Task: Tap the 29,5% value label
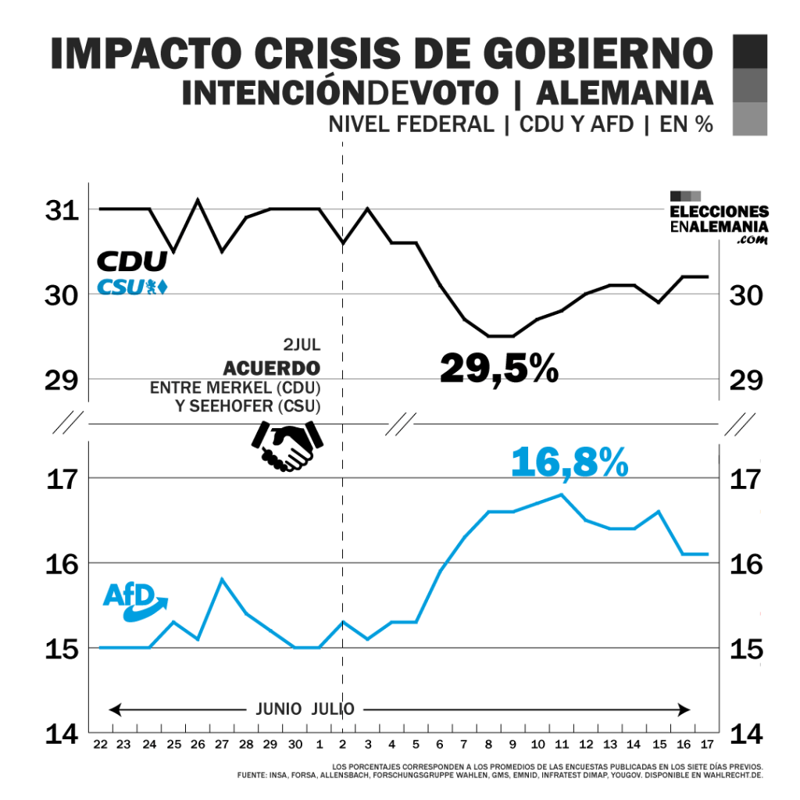pyautogui.click(x=499, y=367)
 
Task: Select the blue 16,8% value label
pyautogui.click(x=570, y=462)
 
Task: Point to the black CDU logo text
pyautogui.click(x=131, y=261)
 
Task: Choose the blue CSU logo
pyautogui.click(x=131, y=287)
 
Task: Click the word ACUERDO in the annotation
pyautogui.click(x=272, y=367)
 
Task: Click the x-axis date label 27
pyautogui.click(x=222, y=744)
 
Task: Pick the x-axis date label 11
pyautogui.click(x=562, y=744)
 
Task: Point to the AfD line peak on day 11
pyautogui.click(x=562, y=495)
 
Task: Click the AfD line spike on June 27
pyautogui.click(x=222, y=579)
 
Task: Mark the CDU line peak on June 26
pyautogui.click(x=198, y=200)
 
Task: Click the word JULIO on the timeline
pyautogui.click(x=333, y=709)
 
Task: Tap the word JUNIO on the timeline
pyautogui.click(x=280, y=709)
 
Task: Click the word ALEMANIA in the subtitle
pyautogui.click(x=625, y=93)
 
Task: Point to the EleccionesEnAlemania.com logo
pyautogui.click(x=719, y=219)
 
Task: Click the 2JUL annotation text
pyautogui.click(x=302, y=345)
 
